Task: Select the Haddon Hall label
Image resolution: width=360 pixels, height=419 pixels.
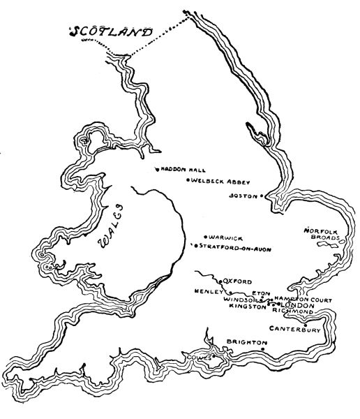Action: pos(184,169)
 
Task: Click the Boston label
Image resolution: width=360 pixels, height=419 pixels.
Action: pos(243,196)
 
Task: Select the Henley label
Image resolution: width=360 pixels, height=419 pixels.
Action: pos(210,291)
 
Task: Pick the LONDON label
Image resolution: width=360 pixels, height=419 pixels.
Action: pos(297,306)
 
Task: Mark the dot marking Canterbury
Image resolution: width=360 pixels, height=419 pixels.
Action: pos(305,323)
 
